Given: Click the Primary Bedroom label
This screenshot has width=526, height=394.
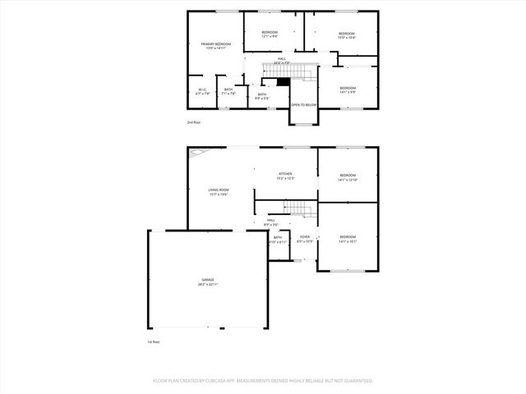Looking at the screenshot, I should tap(218, 45).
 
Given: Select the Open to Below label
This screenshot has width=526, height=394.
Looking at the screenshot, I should tap(303, 105).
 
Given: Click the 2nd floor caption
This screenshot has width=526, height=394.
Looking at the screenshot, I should tap(193, 122).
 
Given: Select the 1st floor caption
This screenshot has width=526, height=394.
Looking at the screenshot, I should tap(153, 341).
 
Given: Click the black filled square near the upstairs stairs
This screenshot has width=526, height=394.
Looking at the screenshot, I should tap(283, 80).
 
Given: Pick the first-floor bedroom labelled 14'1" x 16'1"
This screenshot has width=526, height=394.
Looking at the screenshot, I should tap(348, 239).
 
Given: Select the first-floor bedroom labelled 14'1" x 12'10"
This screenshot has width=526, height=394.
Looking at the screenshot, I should tap(348, 176).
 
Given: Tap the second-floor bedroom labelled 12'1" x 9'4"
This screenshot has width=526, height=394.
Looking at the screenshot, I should tap(270, 34).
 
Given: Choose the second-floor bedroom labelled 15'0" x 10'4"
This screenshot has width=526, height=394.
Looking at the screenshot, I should tap(346, 35).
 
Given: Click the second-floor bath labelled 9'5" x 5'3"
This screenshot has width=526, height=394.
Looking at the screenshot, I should tap(262, 95).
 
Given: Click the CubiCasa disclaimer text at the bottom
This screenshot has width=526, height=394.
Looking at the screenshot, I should tap(263, 381).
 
